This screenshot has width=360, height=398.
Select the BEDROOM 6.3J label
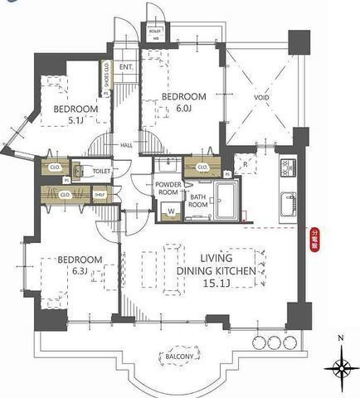pyautogui.click(x=80, y=265)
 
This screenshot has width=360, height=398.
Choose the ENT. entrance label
pyautogui.click(x=127, y=68)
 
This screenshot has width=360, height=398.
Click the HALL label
pyautogui.click(x=127, y=145)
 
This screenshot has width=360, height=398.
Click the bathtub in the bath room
pyautogui.click(x=226, y=199)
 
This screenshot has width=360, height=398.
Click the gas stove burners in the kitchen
pyautogui.click(x=287, y=170)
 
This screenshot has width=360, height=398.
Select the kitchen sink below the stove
pyautogui.click(x=287, y=201)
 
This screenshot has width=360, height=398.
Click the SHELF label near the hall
pyautogui.click(x=100, y=196)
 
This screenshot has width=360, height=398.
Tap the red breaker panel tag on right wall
pyautogui.click(x=314, y=240)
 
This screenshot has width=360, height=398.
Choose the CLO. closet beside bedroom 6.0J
pyautogui.click(x=202, y=167)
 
